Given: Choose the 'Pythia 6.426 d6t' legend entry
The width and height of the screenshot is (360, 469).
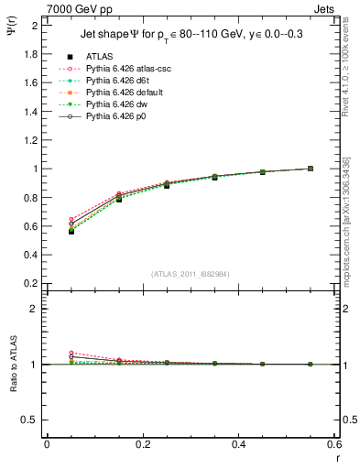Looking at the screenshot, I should [113, 81].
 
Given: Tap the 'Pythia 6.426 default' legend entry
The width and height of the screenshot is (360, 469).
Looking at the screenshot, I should [120, 93].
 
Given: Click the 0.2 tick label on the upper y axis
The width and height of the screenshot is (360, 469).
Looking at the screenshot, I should [29, 283].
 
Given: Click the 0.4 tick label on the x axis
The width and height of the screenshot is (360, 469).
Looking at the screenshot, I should [240, 444].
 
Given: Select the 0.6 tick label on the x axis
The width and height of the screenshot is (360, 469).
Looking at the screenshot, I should [335, 444].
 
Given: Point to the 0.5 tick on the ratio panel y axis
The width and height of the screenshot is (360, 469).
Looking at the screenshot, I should [29, 420].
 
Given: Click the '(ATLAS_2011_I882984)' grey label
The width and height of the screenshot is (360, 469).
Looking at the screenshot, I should [190, 275].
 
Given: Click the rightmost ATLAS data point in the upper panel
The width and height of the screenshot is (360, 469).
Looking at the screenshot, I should [311, 169].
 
